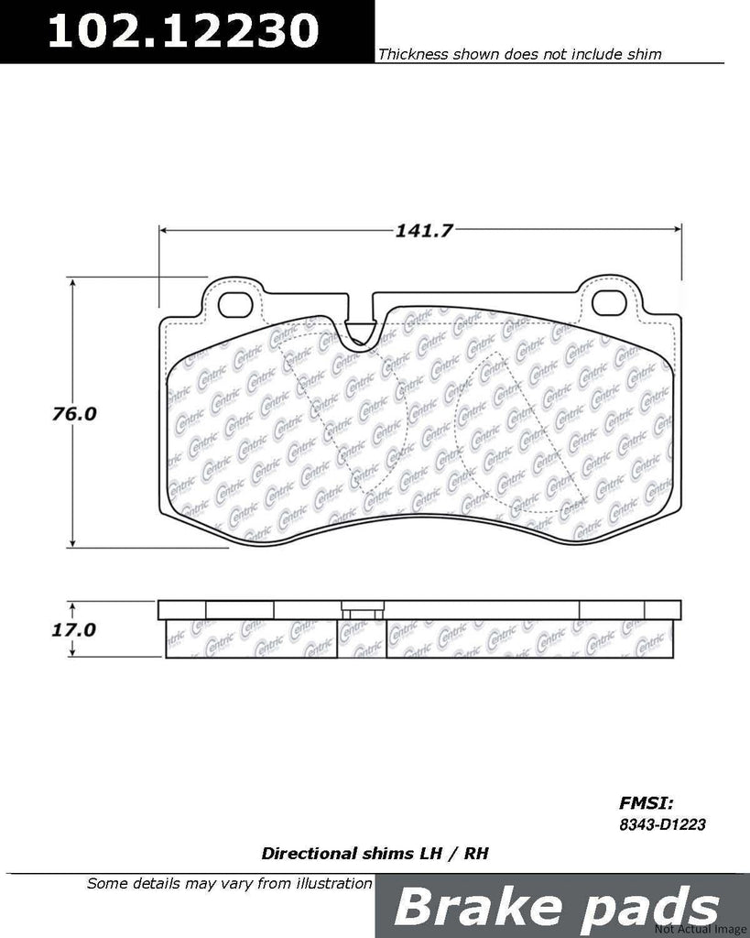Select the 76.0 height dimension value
point(73,413)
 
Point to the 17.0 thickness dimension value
point(73,629)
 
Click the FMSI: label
point(646,802)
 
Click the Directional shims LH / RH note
point(375,853)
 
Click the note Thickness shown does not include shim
point(519,55)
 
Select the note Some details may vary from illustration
point(229,884)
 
